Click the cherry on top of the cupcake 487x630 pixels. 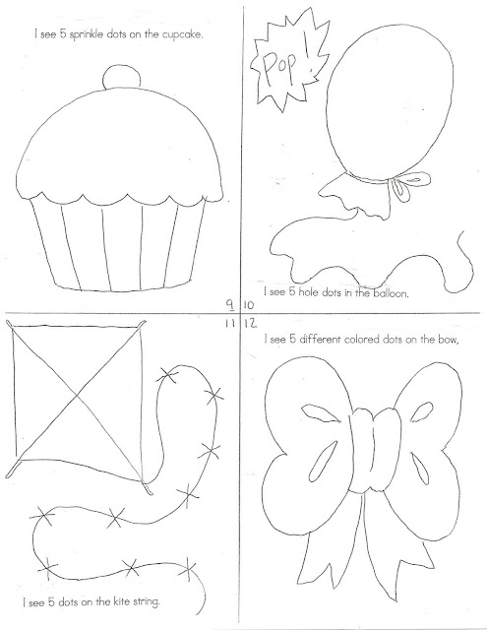[122, 78]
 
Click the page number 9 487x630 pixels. [230, 305]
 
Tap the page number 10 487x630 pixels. [249, 305]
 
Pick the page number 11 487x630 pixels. [229, 324]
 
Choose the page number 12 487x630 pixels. [250, 324]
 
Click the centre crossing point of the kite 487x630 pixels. [78, 396]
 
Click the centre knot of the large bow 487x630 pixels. [375, 450]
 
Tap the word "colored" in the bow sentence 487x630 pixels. [359, 340]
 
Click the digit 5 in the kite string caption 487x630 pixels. [51, 602]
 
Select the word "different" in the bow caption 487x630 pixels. [320, 340]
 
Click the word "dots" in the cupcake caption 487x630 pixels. [116, 34]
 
